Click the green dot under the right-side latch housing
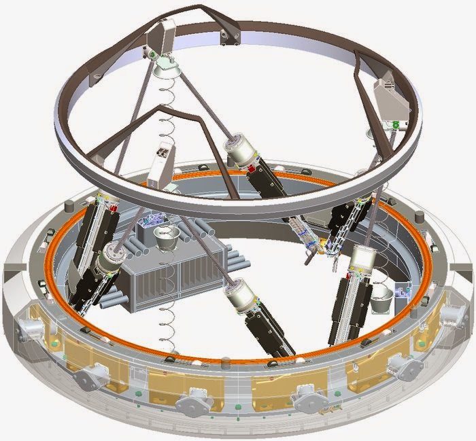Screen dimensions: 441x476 pos(395,125)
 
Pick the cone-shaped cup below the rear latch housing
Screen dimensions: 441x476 pos(165,67)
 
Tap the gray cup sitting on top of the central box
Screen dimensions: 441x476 pos(167,239)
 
